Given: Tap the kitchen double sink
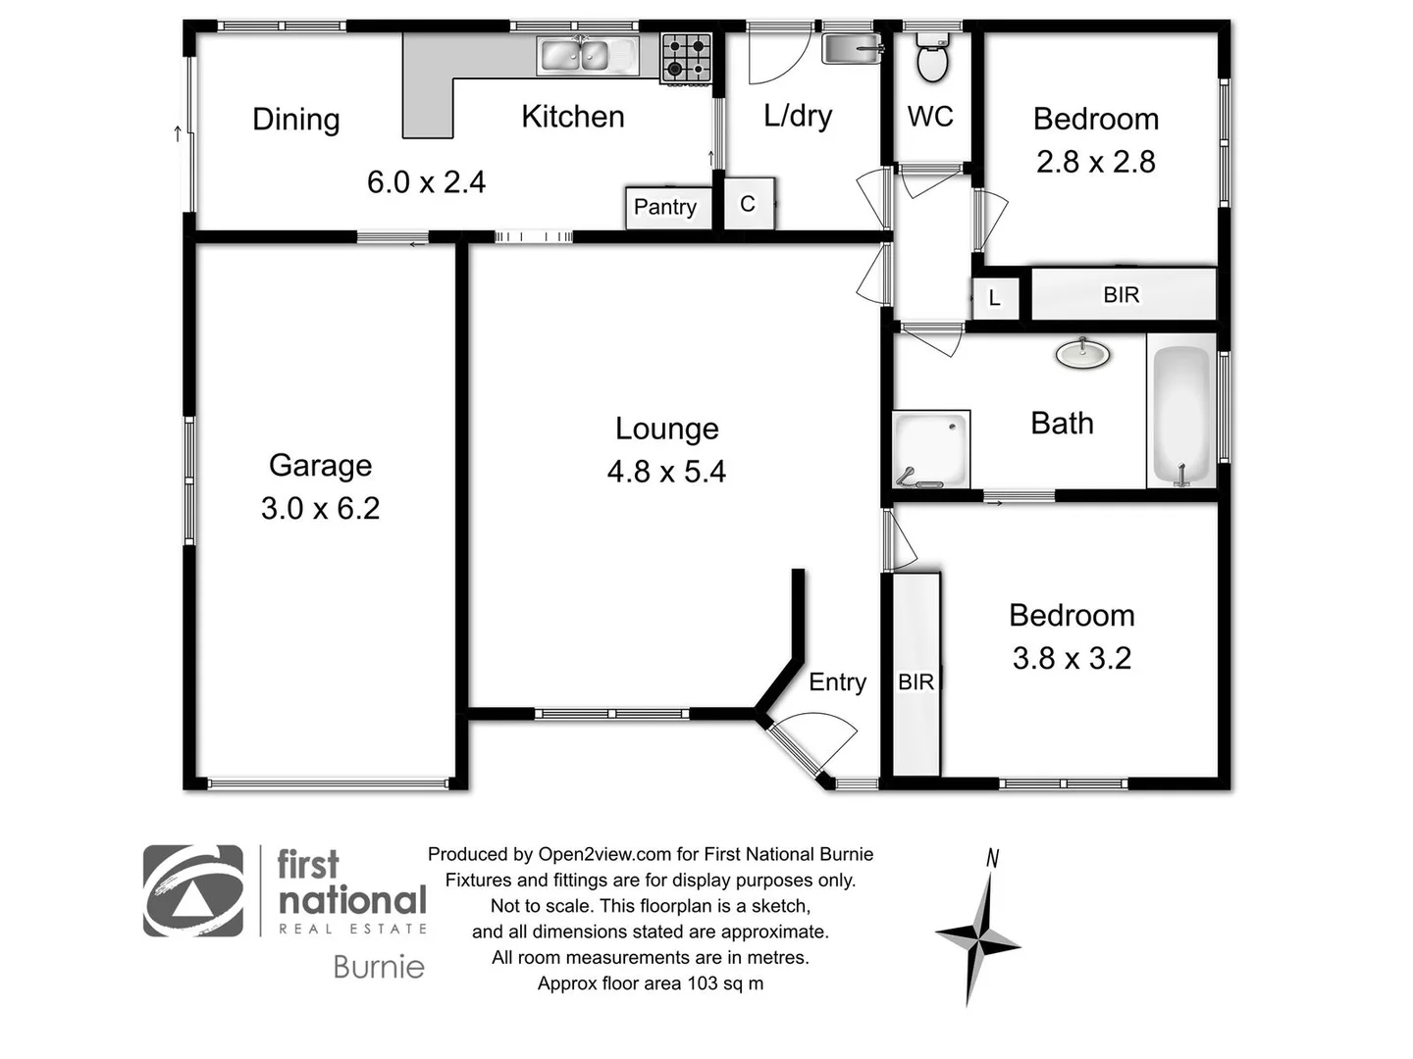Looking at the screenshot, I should (x=586, y=56).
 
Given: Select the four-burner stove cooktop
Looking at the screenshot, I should (x=686, y=57).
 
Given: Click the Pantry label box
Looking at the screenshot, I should (x=666, y=207).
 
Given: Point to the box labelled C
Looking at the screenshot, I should (x=749, y=204).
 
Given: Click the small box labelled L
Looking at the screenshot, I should (x=995, y=298).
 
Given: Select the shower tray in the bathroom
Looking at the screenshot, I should (x=930, y=449).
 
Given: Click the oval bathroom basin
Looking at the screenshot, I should (x=1082, y=353).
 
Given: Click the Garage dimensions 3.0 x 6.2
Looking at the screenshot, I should (x=320, y=508).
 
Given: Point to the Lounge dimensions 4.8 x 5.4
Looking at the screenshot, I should (x=666, y=472).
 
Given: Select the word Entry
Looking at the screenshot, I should (x=837, y=682).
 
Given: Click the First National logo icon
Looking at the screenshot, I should (x=193, y=891).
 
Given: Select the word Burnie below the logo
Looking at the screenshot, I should (x=379, y=968).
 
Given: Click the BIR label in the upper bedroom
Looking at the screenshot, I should (x=1121, y=295).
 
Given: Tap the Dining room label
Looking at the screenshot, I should (x=295, y=120).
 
